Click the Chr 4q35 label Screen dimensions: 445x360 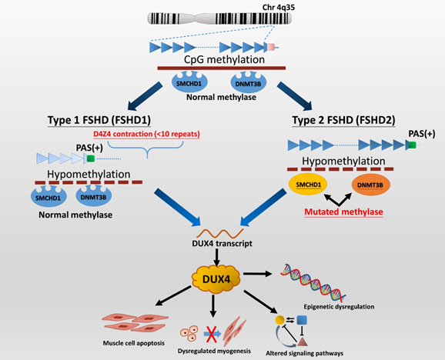tap(279, 7)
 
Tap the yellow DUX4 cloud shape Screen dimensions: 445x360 tap(216, 279)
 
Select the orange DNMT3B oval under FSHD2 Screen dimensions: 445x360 tap(370, 185)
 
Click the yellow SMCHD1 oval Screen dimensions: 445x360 tap(308, 185)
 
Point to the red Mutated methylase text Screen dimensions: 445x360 tap(343, 212)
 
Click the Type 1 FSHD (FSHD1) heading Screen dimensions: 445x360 tap(99, 120)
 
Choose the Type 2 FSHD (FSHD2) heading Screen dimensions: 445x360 tap(343, 120)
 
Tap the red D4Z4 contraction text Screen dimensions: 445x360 tap(146, 134)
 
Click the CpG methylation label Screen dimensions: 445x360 tap(224, 59)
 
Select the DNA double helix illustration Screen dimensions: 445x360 tap(313, 282)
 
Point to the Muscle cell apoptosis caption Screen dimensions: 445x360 tap(134, 343)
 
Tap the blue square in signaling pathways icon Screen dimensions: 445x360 tap(302, 320)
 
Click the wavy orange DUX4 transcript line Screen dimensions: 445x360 tap(220, 234)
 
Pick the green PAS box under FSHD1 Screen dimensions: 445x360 tap(91, 158)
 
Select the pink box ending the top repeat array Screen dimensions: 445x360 tap(271, 47)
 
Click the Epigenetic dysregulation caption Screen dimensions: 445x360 tap(339, 307)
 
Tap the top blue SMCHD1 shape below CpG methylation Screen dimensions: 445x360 tap(189, 82)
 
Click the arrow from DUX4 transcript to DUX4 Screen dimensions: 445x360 tap(216, 258)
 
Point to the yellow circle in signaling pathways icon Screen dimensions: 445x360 tap(279, 320)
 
